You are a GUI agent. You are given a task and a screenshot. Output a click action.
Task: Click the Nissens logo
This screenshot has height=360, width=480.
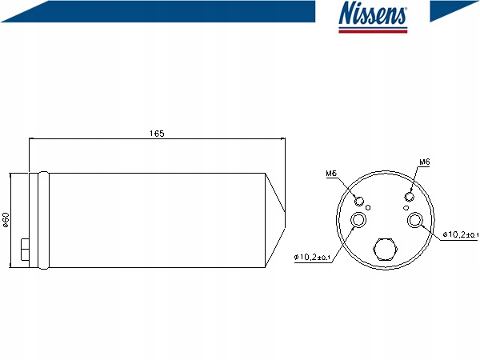pyautogui.click(x=373, y=17)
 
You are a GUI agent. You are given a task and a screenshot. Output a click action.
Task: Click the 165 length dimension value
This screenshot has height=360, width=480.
pyautogui.click(x=157, y=134)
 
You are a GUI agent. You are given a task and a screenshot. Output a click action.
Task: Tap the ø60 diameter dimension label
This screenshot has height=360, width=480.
pyautogui.click(x=6, y=220)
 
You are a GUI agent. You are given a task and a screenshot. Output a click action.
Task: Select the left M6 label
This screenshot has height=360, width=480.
pyautogui.click(x=331, y=174)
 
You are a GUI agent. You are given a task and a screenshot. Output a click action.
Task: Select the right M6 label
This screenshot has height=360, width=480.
pyautogui.click(x=425, y=162)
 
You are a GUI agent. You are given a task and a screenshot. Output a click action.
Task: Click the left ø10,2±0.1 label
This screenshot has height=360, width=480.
pyautogui.click(x=312, y=257)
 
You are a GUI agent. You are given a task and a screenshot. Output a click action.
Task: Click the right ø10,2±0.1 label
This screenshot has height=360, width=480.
pyautogui.click(x=461, y=234)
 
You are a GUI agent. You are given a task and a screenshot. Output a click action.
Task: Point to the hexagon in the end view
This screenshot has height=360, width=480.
pyautogui.click(x=385, y=249)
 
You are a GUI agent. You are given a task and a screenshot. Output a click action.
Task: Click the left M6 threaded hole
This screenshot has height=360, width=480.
pyautogui.click(x=359, y=201)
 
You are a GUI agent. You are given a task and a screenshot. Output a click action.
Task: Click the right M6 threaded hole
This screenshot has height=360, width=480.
pyautogui.click(x=410, y=197)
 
